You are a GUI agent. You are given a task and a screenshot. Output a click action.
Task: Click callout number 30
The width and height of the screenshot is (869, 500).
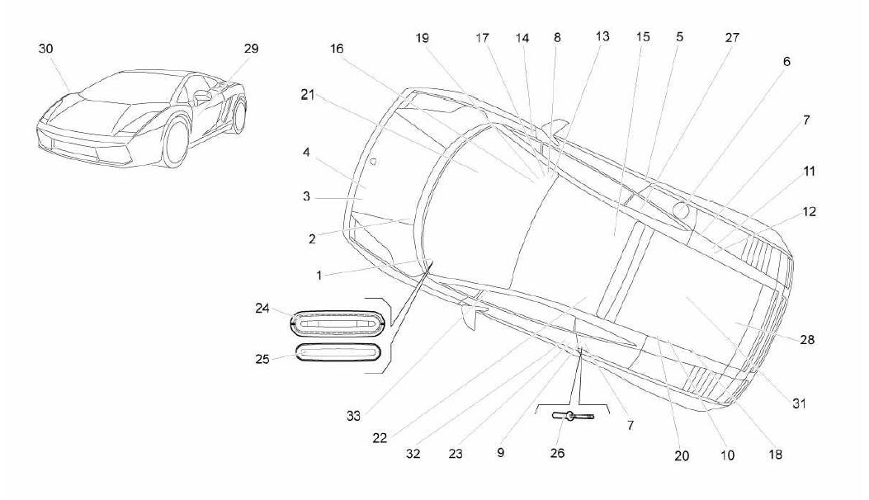click(46, 49)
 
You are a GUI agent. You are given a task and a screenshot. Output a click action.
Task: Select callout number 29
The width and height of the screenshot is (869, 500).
click(251, 49)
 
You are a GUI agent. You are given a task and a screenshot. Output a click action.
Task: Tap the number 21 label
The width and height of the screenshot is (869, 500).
click(308, 95)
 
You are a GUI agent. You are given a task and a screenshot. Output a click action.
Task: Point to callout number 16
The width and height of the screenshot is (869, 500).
click(337, 49)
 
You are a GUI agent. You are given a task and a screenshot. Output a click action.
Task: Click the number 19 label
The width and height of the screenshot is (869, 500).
click(423, 38)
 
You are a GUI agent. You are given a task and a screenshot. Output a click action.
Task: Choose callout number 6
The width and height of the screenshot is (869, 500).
click(786, 62)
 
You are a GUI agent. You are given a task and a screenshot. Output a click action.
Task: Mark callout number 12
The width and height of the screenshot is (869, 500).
click(809, 212)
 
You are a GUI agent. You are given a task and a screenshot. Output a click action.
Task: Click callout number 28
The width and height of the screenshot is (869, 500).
click(807, 340)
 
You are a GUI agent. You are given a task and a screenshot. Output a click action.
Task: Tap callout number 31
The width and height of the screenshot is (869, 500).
click(799, 403)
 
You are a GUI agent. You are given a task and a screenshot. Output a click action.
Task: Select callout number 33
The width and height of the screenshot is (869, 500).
click(353, 416)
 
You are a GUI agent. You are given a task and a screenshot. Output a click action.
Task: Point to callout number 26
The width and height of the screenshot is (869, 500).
click(558, 454)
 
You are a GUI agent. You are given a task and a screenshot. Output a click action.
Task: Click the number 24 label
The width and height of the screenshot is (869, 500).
click(262, 309)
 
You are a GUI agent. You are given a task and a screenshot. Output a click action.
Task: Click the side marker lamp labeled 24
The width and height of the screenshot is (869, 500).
click(338, 323)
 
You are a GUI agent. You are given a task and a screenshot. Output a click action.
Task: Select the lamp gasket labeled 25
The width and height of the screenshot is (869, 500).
click(338, 352)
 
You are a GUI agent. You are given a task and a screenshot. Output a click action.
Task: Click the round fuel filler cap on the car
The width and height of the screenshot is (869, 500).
click(681, 210)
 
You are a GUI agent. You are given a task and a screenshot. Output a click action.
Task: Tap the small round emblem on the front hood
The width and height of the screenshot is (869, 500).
click(373, 162)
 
